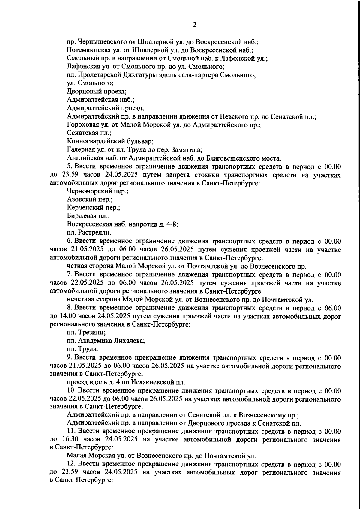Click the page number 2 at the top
pos(194,25)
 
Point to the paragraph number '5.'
pos(70,166)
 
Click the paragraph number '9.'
pos(70,357)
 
